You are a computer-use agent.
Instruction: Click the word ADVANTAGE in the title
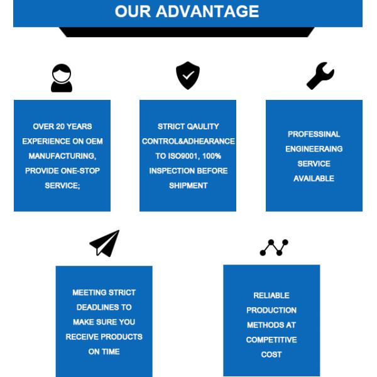tap(207, 11)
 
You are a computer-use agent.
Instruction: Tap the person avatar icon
tap(62, 78)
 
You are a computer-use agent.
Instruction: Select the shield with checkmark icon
tap(188, 75)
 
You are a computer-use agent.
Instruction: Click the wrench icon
tap(320, 76)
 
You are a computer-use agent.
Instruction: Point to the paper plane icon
tap(104, 243)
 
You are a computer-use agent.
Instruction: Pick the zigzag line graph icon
tap(274, 248)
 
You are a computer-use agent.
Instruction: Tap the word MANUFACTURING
tap(62, 156)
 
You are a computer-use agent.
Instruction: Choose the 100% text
tap(212, 156)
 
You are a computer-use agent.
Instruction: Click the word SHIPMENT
tap(188, 185)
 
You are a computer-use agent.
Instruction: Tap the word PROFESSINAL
tap(314, 134)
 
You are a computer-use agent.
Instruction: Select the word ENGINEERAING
tap(314, 149)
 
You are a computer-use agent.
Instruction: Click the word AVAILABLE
tap(314, 178)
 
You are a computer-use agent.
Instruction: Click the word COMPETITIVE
tap(271, 340)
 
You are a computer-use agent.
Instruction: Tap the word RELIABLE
tap(271, 295)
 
